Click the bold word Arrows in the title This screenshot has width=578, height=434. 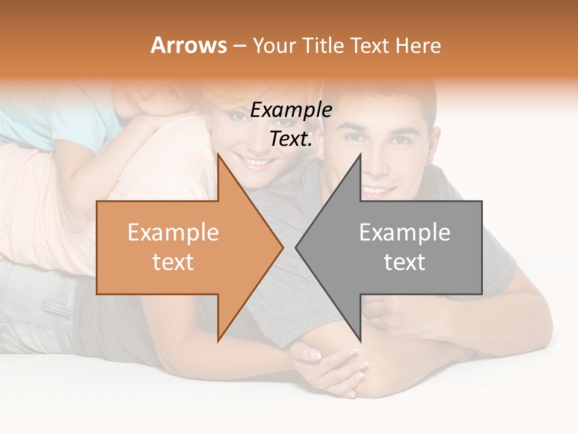[188, 46]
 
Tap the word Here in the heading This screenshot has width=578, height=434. [418, 46]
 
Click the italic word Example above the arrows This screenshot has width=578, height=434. [291, 110]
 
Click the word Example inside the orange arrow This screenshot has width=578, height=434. [173, 233]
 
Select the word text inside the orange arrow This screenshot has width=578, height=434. [173, 262]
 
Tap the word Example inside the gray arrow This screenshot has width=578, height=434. [405, 233]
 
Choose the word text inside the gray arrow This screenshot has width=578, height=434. [405, 262]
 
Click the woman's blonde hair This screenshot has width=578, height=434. [217, 99]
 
